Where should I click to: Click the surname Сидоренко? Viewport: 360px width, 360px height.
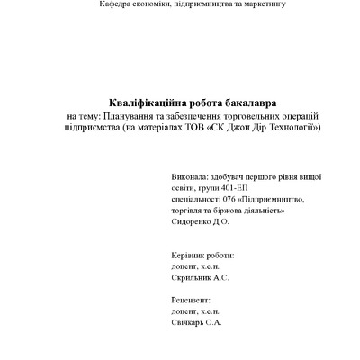[191, 221]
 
